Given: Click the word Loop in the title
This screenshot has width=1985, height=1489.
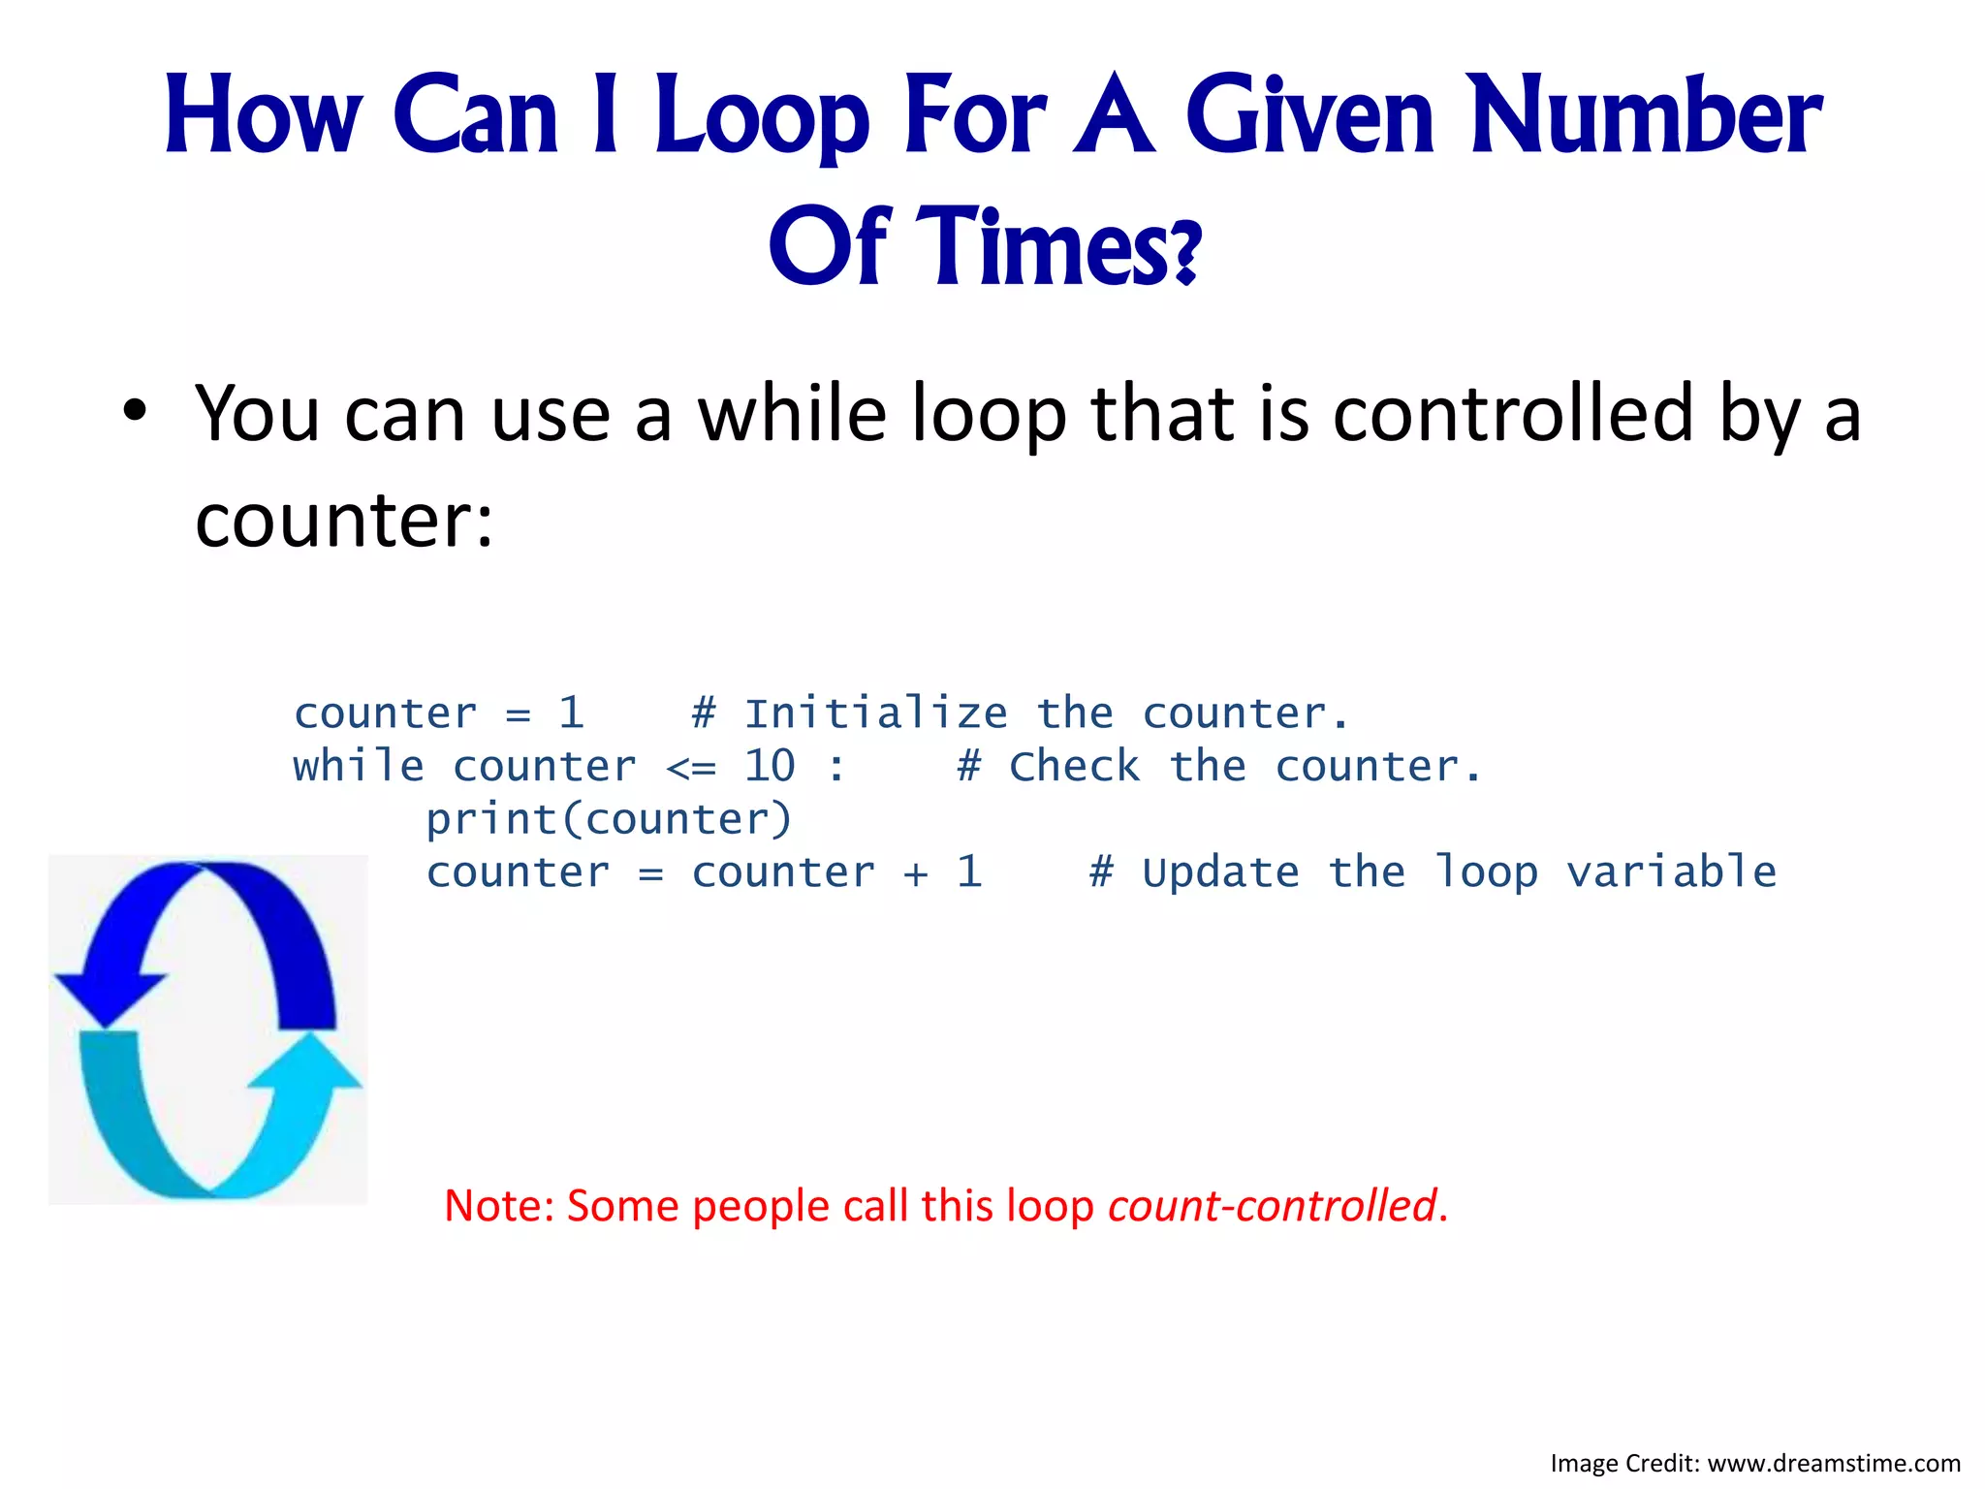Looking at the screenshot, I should click(x=762, y=118).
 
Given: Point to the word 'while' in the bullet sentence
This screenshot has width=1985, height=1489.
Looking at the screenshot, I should click(x=791, y=414).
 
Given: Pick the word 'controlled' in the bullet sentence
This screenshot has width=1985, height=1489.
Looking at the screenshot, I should click(x=1512, y=414).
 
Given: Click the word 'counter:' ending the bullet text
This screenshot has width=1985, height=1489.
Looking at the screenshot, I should click(x=344, y=521).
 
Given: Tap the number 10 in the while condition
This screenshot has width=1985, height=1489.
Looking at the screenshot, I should click(x=770, y=767).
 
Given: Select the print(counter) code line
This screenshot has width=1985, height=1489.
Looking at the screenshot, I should click(x=609, y=820).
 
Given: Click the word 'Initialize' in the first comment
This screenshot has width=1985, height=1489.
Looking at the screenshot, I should click(x=875, y=714).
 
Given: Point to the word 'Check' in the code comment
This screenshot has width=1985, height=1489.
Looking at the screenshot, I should click(x=1074, y=767).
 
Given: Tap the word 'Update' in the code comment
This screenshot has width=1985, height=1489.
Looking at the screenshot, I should click(x=1220, y=872).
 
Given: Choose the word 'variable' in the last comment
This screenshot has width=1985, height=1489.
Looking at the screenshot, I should click(x=1671, y=872).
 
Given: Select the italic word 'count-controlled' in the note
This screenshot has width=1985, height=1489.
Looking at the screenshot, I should click(x=1272, y=1206).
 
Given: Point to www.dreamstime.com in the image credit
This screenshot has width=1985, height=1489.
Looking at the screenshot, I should click(x=1833, y=1463).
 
